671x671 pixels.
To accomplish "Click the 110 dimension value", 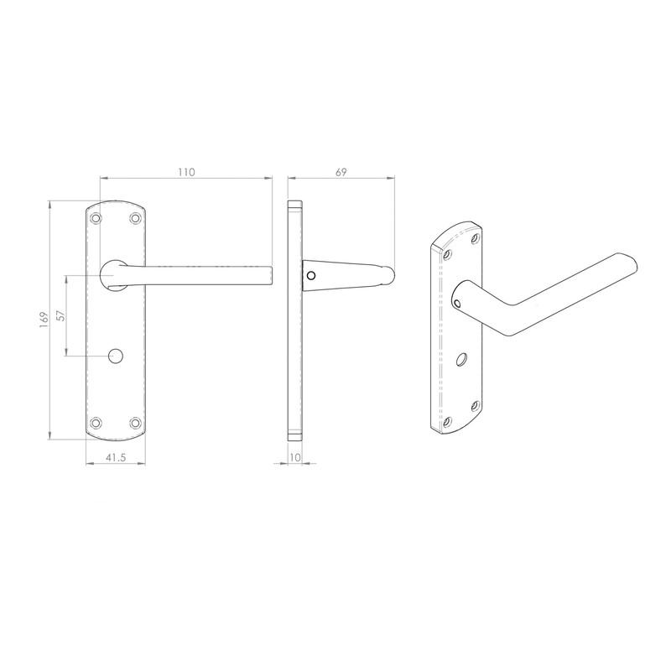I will click(x=186, y=171).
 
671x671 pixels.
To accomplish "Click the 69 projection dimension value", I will click(x=341, y=171).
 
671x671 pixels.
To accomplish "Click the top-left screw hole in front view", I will click(x=97, y=218).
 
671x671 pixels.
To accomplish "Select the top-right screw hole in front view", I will click(x=136, y=218).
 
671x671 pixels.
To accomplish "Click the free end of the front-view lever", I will click(x=269, y=275).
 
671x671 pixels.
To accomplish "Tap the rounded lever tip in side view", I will click(x=390, y=274).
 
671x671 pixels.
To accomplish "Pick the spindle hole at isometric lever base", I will click(x=458, y=296).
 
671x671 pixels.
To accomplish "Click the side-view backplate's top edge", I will click(x=294, y=202).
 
